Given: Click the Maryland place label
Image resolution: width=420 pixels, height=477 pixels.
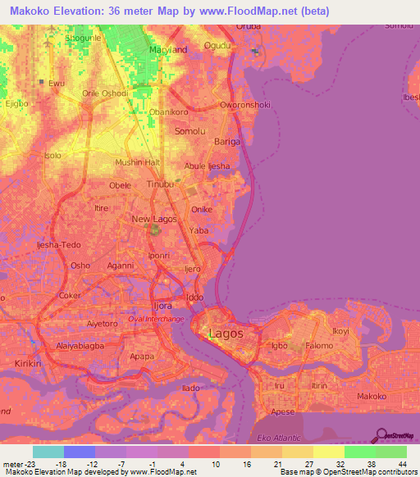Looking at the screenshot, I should (167, 49).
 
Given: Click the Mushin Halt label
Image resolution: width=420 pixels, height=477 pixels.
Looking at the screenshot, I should (137, 162).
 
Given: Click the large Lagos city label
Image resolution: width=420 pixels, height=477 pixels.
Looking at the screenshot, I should (226, 334).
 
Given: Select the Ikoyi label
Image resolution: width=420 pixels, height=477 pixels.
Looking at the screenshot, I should (339, 332).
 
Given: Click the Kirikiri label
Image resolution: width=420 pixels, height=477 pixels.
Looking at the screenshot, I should (22, 361).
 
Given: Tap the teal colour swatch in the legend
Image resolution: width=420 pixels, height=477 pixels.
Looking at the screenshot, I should (48, 451).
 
